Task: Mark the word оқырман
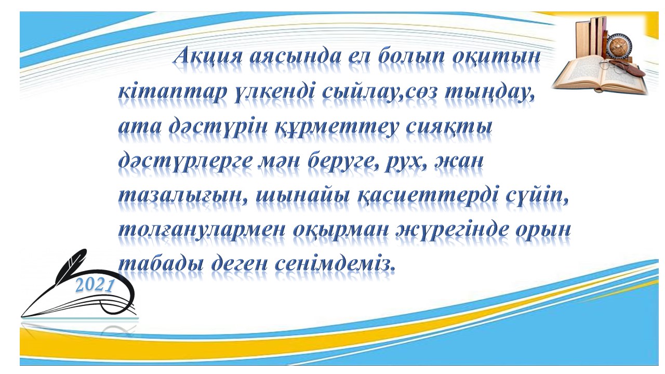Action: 341,232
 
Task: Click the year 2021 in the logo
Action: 95,286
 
